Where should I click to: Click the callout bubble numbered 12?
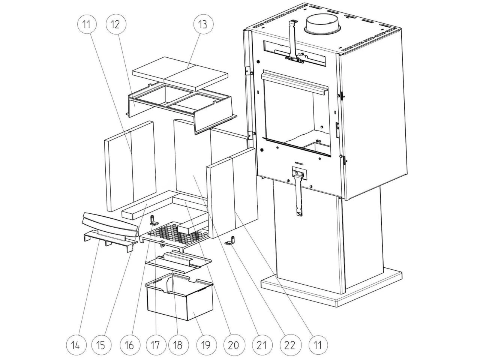click(116, 24)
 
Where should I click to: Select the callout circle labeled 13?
click(204, 24)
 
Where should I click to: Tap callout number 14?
click(76, 345)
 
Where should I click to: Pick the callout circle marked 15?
click(101, 345)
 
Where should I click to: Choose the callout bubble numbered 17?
click(156, 345)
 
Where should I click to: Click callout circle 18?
click(178, 345)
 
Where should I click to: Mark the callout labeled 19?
click(206, 345)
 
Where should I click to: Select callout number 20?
click(234, 345)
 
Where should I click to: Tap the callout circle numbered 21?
click(262, 345)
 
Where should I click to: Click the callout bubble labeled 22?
click(290, 345)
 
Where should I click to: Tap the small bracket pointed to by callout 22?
click(230, 241)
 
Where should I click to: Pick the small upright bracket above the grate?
click(153, 220)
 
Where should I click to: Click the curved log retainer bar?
click(110, 225)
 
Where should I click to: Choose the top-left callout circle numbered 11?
click(87, 24)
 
